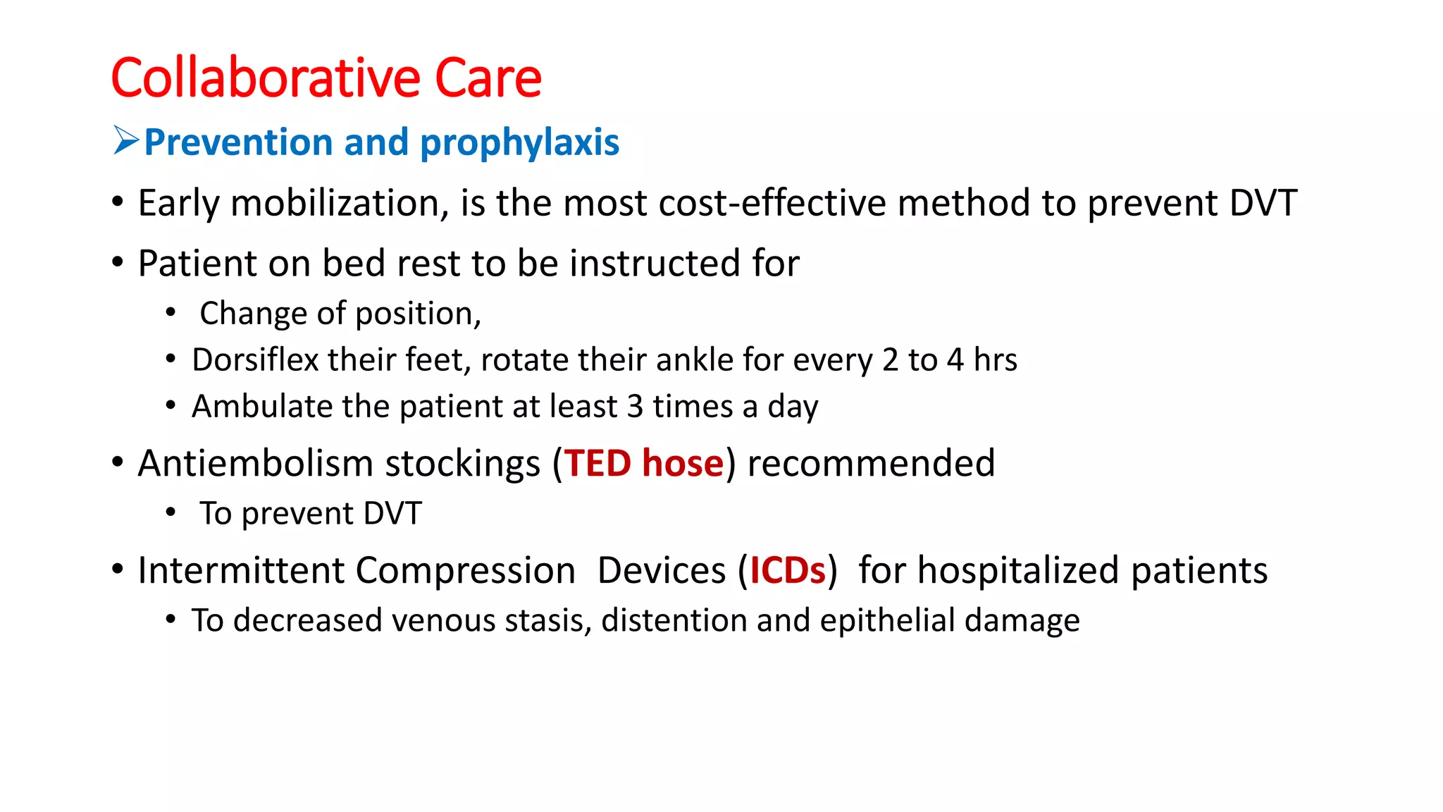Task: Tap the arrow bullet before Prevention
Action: (126, 140)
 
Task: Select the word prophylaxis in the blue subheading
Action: (519, 143)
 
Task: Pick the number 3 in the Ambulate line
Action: (634, 407)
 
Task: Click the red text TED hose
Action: (643, 464)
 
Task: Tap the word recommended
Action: (871, 464)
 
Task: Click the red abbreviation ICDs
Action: (787, 570)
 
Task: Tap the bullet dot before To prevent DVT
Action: (171, 513)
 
